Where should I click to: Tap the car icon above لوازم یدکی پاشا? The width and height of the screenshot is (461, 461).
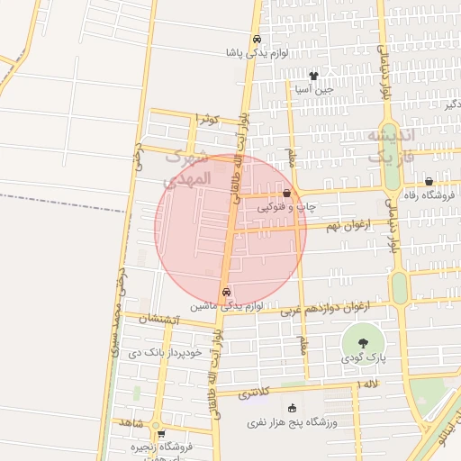[x=258, y=40]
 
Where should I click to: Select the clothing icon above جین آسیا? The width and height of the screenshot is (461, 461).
[x=313, y=77]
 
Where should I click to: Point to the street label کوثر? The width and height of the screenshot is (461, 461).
[x=209, y=119]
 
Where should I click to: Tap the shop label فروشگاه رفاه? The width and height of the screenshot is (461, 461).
[x=428, y=194]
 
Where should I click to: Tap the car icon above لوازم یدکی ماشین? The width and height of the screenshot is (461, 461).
[x=226, y=292]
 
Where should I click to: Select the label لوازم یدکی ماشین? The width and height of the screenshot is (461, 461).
[x=226, y=306]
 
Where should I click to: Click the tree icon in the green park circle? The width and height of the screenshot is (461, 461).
[x=362, y=343]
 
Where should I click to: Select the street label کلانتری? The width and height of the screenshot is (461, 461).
[x=258, y=393]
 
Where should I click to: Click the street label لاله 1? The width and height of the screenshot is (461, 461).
[x=369, y=385]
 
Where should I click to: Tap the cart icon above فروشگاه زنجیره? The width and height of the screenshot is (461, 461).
[x=160, y=433]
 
